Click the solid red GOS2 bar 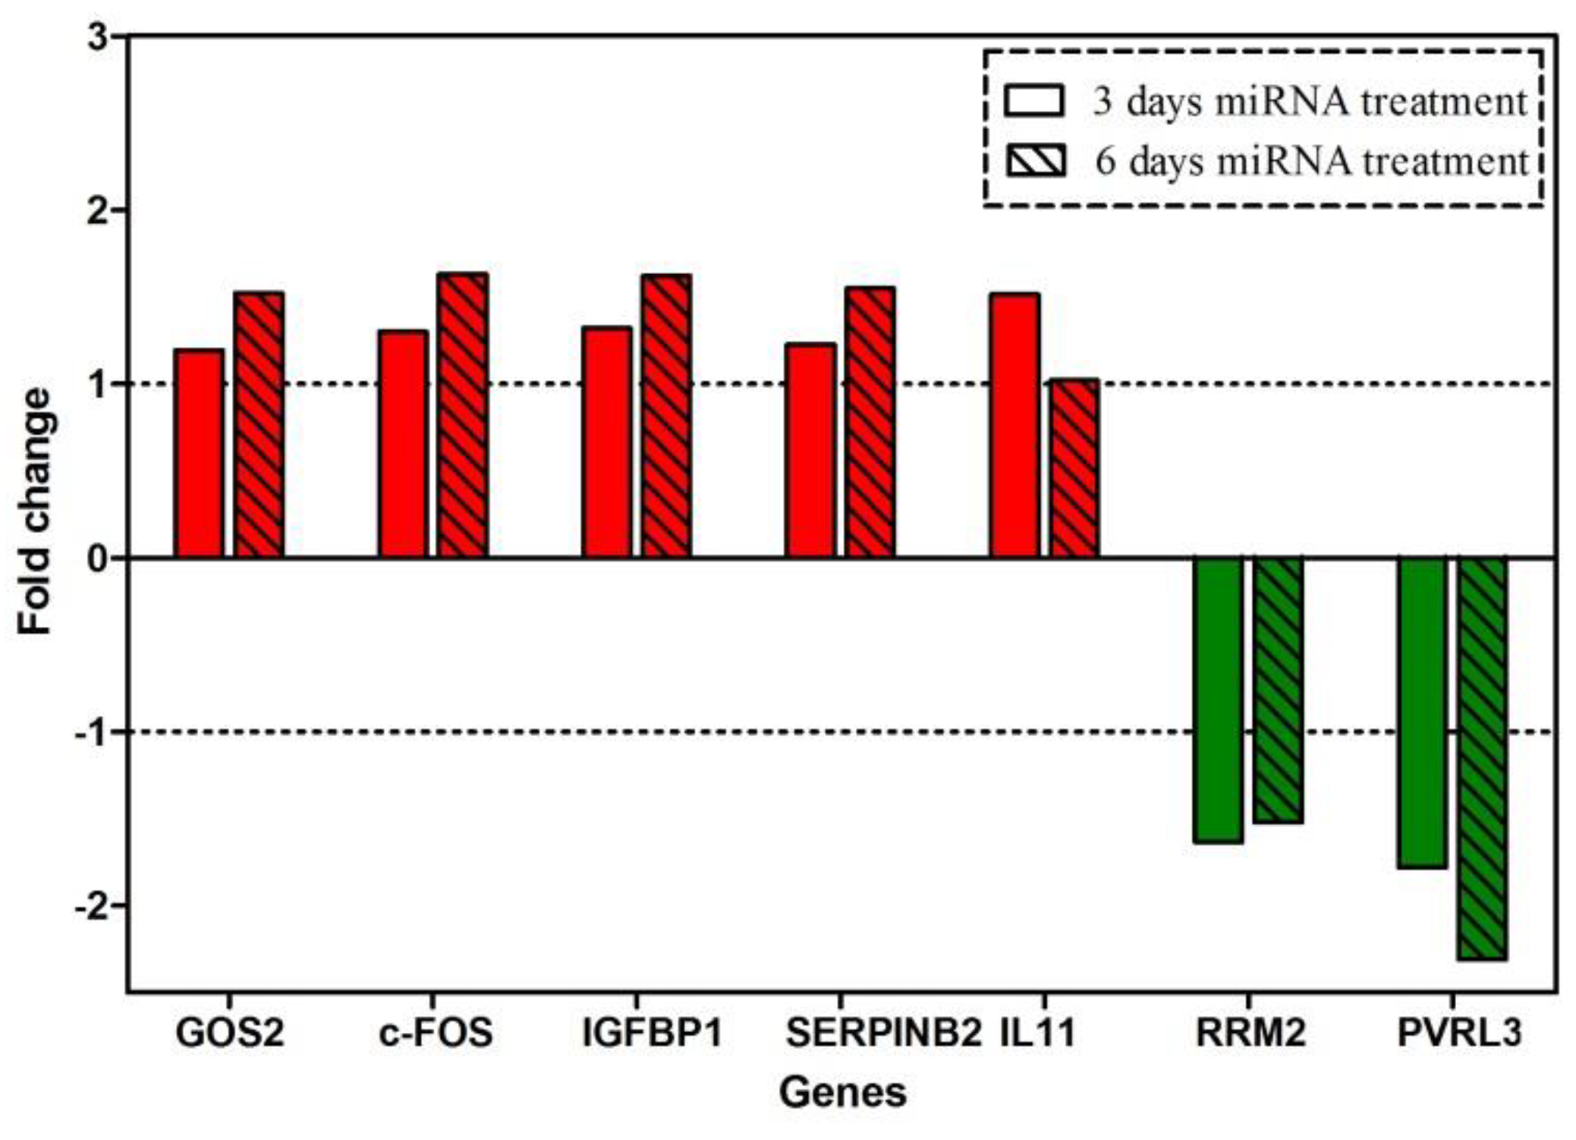pyautogui.click(x=199, y=454)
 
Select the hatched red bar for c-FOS pyautogui.click(x=462, y=415)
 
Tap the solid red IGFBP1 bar pyautogui.click(x=606, y=442)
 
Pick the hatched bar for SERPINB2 pyautogui.click(x=870, y=422)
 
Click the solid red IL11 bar pyautogui.click(x=1014, y=425)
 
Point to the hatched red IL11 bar pyautogui.click(x=1074, y=468)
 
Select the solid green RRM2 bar pyautogui.click(x=1217, y=699)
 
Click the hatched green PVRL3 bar pyautogui.click(x=1481, y=758)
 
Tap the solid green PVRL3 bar pyautogui.click(x=1421, y=712)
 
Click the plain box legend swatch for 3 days pyautogui.click(x=1033, y=101)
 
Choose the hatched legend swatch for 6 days pyautogui.click(x=1035, y=161)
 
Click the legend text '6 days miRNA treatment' pyautogui.click(x=1311, y=161)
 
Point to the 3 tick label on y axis pyautogui.click(x=98, y=38)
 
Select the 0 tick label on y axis pyautogui.click(x=98, y=559)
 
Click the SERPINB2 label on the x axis pyautogui.click(x=882, y=1033)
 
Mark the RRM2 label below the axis pyautogui.click(x=1250, y=1033)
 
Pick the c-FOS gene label pyautogui.click(x=436, y=1033)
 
